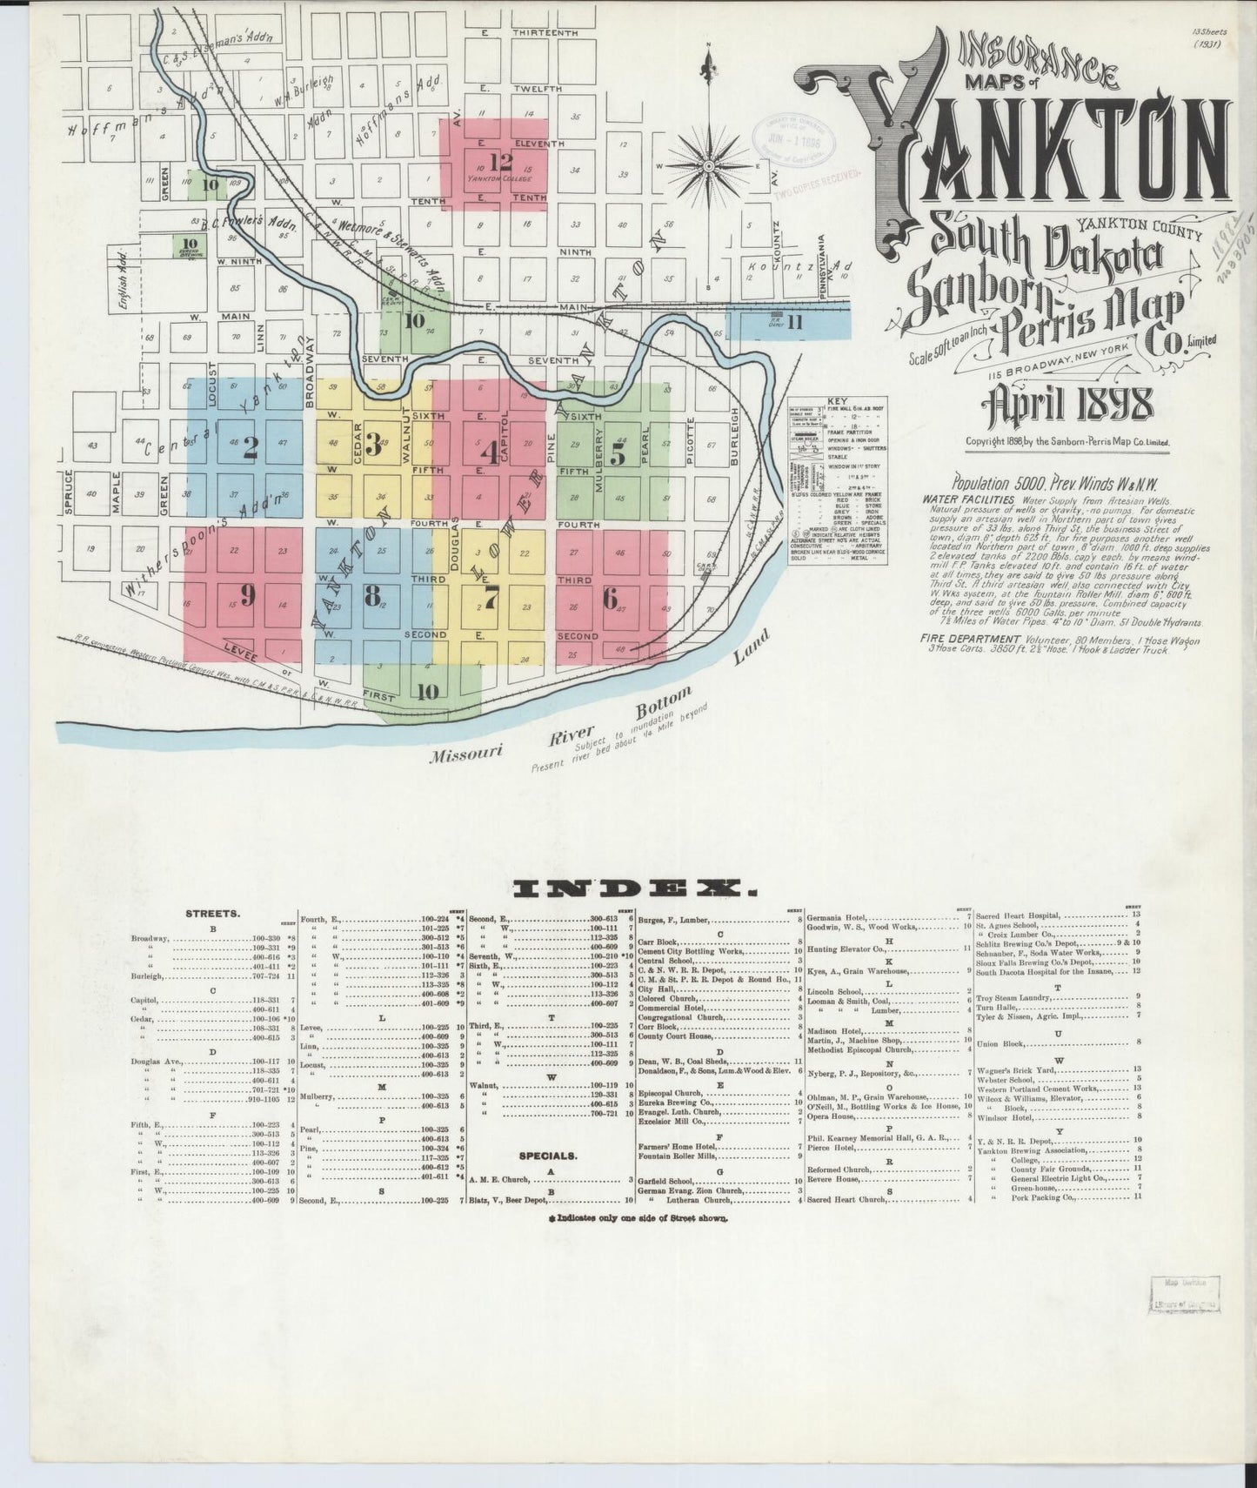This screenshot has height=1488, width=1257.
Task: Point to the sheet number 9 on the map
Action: click(x=248, y=595)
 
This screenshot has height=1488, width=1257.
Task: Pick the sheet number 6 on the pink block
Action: click(x=610, y=599)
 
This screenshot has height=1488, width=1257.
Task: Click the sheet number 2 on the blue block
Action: click(x=251, y=447)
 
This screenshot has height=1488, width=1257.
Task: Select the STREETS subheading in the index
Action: click(x=213, y=915)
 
